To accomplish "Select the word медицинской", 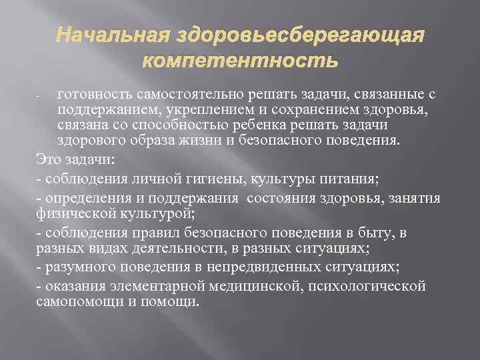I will pyautogui.click(x=244, y=285).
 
